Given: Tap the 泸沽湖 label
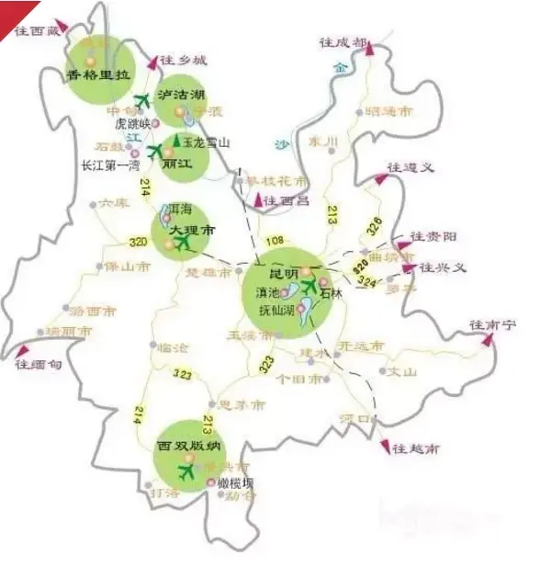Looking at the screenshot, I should (182, 95).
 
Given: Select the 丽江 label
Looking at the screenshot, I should (175, 164).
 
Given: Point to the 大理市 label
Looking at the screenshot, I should (183, 226).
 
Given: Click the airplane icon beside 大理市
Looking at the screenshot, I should (185, 243).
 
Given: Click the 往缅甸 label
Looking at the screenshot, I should (39, 364).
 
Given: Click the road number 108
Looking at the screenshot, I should (275, 243).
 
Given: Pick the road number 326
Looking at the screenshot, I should (374, 226).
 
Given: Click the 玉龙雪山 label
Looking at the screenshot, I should (206, 143).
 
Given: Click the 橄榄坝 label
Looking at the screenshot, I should (235, 483).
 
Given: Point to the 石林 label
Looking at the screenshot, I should (331, 293).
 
